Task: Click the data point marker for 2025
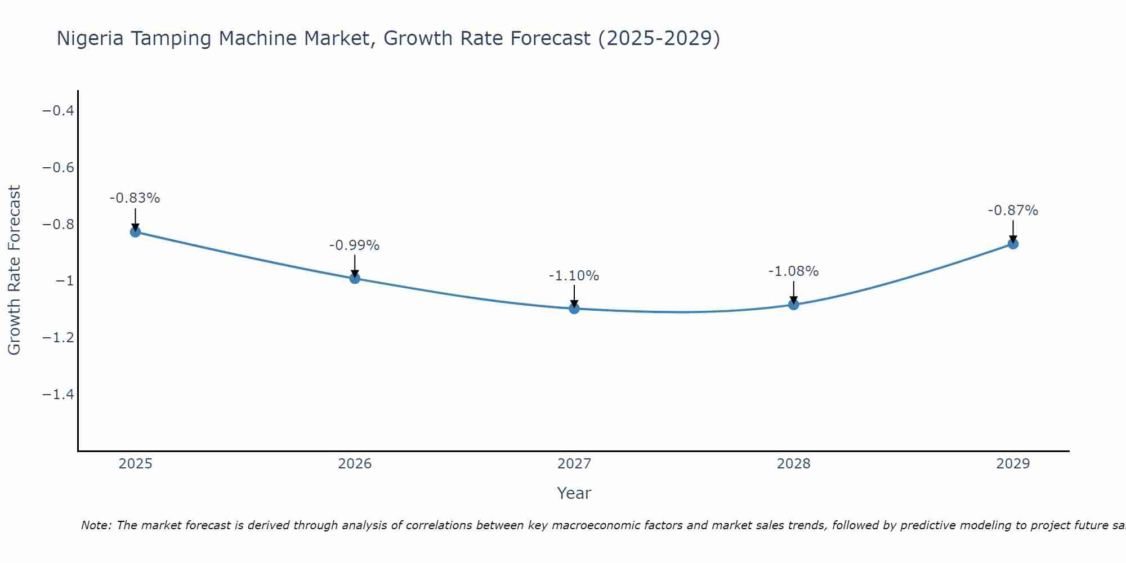(x=135, y=231)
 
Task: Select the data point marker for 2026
(x=355, y=278)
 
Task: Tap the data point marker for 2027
(x=574, y=309)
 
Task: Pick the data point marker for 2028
(x=794, y=305)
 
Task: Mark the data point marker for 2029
(x=1013, y=244)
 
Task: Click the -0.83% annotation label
(x=135, y=198)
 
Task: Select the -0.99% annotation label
(x=355, y=245)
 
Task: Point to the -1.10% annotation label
(x=574, y=276)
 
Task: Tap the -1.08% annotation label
(x=794, y=271)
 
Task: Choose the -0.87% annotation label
(x=1013, y=211)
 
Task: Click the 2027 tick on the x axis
(x=574, y=464)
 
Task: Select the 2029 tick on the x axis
(x=1013, y=464)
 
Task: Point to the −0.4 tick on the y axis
(x=59, y=110)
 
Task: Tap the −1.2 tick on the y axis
(x=59, y=338)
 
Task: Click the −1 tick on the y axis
(x=64, y=281)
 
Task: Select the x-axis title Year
(x=574, y=493)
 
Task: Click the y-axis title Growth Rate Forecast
(x=14, y=270)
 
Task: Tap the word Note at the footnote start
(x=96, y=525)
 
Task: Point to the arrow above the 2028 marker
(x=794, y=292)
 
